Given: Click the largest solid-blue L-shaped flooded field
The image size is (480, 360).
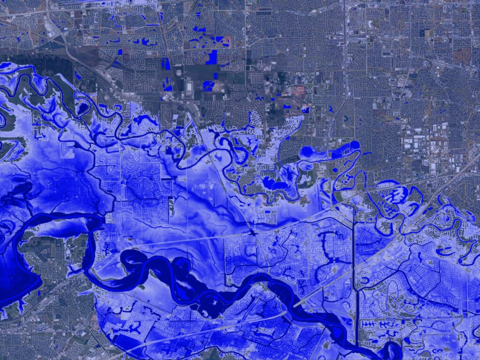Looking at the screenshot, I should tap(212, 57).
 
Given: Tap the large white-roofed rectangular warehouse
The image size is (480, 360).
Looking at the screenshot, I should tap(189, 87).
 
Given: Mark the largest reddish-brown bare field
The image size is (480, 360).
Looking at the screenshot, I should tap(462, 55).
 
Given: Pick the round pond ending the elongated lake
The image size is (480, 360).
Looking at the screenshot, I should tap(354, 144).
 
